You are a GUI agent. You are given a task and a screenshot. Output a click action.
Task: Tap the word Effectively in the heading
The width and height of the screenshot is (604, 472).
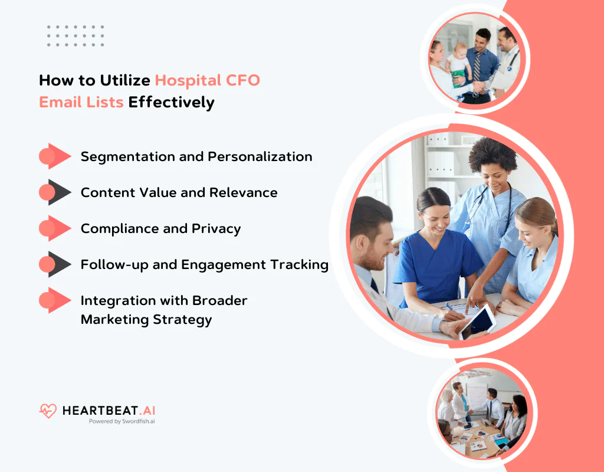(x=171, y=102)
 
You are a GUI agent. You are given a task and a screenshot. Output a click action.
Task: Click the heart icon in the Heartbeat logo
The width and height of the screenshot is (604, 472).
(x=48, y=411)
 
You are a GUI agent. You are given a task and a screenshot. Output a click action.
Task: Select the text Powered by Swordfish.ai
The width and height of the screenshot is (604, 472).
(x=122, y=421)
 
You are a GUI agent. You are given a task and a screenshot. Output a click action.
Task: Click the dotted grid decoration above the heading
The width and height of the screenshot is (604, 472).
(x=75, y=35)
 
